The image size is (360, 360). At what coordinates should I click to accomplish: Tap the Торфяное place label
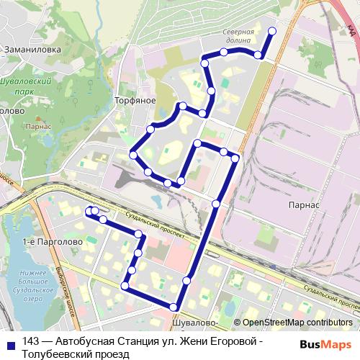point(135,101)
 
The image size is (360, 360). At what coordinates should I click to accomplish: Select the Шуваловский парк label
point(29,87)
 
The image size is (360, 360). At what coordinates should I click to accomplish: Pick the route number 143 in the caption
point(31,342)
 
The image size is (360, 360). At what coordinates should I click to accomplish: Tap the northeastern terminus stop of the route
point(272,30)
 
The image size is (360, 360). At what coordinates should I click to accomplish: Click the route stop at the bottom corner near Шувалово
point(173,307)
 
